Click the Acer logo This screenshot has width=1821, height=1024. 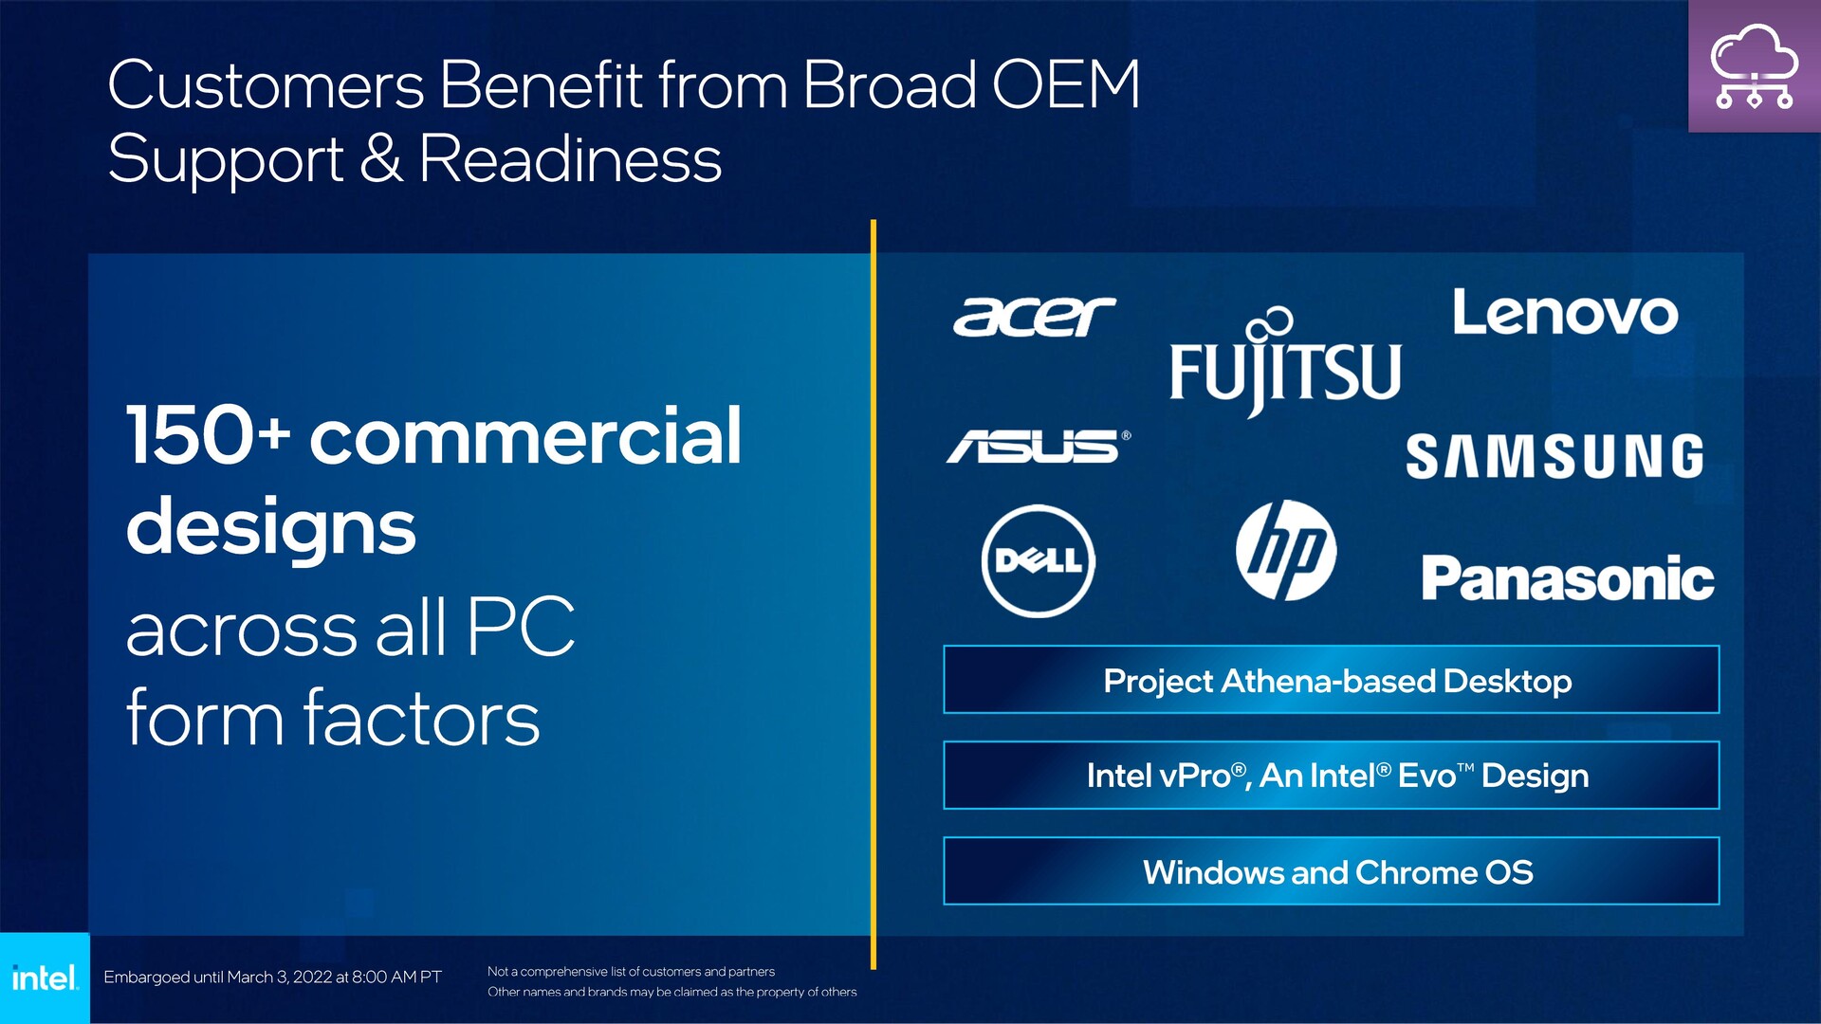1035,316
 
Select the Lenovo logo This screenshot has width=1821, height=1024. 1565,312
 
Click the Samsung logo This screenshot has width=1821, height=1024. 1554,456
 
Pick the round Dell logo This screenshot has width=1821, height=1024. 1039,560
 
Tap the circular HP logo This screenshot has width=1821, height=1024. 1286,550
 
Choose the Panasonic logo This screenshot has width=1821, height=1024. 1568,577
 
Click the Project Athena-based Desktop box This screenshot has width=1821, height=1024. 1332,680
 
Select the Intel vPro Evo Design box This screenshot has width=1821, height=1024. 1332,776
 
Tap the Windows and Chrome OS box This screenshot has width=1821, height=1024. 1332,871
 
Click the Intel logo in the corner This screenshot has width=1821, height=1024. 45,978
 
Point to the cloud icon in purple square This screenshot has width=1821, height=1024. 1755,66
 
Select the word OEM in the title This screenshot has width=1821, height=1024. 1066,85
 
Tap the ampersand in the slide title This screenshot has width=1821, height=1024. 381,158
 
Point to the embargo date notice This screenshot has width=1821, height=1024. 272,977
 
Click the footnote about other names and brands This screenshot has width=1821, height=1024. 671,992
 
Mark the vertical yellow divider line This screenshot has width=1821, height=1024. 874,594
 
